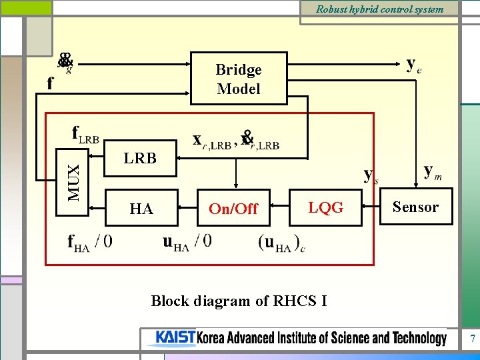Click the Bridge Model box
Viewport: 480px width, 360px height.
point(239,79)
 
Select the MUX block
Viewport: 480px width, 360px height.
point(77,175)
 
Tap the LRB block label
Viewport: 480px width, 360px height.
point(140,158)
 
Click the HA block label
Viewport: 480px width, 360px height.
point(141,209)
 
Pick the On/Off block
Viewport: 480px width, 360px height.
point(233,209)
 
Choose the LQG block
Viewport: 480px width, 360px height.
point(327,207)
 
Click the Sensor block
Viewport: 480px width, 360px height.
point(415,207)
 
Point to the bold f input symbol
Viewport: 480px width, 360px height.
point(50,84)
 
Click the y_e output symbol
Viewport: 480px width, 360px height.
point(413,65)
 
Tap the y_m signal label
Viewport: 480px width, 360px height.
point(432,171)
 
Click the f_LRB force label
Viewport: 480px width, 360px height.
point(85,134)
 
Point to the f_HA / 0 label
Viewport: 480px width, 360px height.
point(90,241)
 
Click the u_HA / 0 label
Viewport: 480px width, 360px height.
point(187,241)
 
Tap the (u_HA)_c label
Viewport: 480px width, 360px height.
point(282,242)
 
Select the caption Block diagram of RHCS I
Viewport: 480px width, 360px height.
point(239,301)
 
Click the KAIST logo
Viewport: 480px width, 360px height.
point(175,338)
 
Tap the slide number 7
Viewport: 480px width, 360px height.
point(472,339)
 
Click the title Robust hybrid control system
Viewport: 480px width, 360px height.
point(379,9)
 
